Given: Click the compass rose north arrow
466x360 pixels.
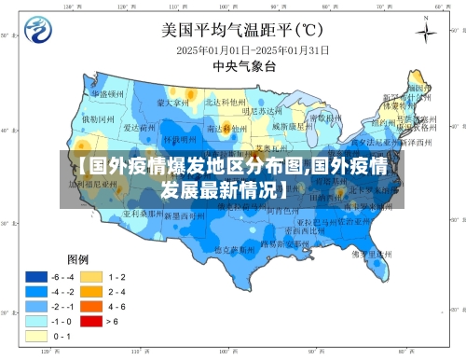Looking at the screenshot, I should point(425,35).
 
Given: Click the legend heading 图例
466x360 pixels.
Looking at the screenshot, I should point(76,258).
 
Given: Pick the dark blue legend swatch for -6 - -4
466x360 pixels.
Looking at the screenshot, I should point(36,277).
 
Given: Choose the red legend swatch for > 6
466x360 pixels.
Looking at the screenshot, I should point(90,320).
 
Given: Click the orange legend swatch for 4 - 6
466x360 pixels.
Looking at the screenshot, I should point(90,306).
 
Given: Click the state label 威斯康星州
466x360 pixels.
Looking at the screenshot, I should point(289,124).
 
